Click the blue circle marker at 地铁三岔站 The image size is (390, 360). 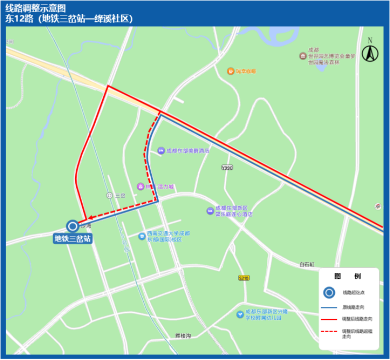(x=72, y=226)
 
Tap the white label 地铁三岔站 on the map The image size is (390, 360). (x=73, y=238)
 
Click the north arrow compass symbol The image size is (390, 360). (x=370, y=51)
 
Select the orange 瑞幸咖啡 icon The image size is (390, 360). (x=230, y=71)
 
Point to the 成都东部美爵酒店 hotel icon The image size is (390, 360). (x=161, y=150)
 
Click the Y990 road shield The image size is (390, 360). (x=227, y=168)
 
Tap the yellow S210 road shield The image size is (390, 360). (x=243, y=278)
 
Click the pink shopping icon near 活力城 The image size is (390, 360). (x=141, y=186)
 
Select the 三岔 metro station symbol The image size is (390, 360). (x=110, y=195)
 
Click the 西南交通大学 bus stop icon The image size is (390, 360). (x=142, y=235)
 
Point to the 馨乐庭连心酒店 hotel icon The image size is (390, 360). (x=210, y=211)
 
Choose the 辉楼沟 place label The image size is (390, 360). (x=183, y=335)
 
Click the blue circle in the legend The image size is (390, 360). (x=329, y=293)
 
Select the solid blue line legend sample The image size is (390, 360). (x=329, y=306)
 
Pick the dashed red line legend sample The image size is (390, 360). (x=329, y=330)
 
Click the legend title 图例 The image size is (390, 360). (x=347, y=276)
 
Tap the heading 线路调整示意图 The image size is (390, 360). (x=36, y=8)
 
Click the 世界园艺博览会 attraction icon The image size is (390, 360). (x=303, y=56)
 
